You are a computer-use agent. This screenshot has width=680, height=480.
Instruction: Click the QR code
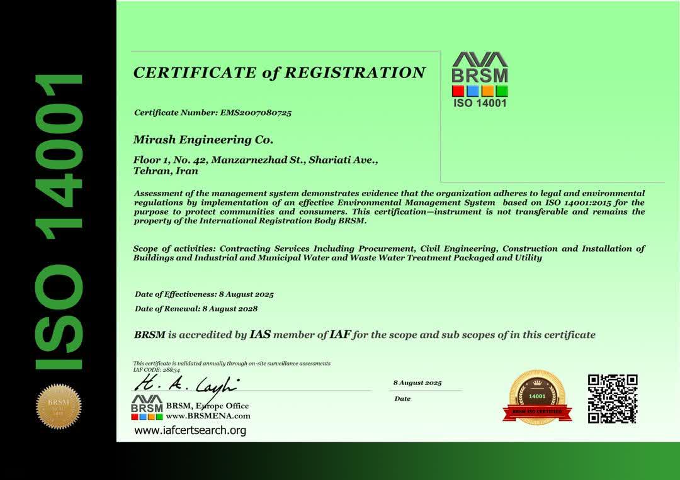[612, 399]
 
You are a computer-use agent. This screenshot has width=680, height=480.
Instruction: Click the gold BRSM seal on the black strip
[59, 406]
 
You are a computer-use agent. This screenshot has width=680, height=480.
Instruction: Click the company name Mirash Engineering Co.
[203, 139]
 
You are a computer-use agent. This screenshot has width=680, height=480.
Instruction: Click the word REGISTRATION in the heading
[355, 73]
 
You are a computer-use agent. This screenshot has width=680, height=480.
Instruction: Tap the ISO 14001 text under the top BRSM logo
[480, 103]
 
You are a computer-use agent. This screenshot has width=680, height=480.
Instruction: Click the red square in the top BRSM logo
[458, 91]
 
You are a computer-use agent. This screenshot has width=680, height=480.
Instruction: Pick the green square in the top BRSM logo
[501, 91]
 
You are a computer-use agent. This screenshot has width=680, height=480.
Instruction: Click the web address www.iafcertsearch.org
[190, 431]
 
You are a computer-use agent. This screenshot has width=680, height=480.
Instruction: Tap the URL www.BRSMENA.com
[208, 416]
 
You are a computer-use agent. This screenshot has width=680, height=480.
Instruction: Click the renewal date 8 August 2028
[230, 309]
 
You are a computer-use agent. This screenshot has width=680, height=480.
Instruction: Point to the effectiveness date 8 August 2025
[246, 294]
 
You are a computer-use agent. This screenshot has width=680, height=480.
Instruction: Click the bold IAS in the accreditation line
[260, 335]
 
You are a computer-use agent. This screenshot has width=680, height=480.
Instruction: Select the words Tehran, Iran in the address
[166, 170]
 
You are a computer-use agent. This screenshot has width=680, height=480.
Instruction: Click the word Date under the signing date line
[402, 399]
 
